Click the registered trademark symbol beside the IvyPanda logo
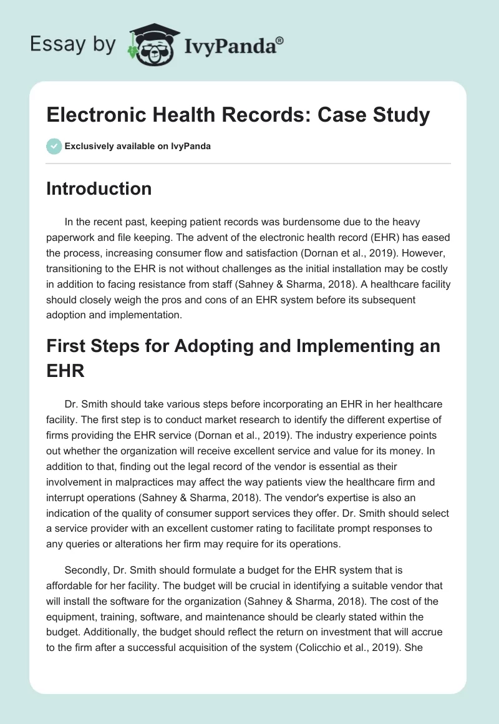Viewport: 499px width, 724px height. (x=279, y=41)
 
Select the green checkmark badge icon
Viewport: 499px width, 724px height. (x=54, y=146)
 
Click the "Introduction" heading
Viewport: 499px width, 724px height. (x=99, y=188)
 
